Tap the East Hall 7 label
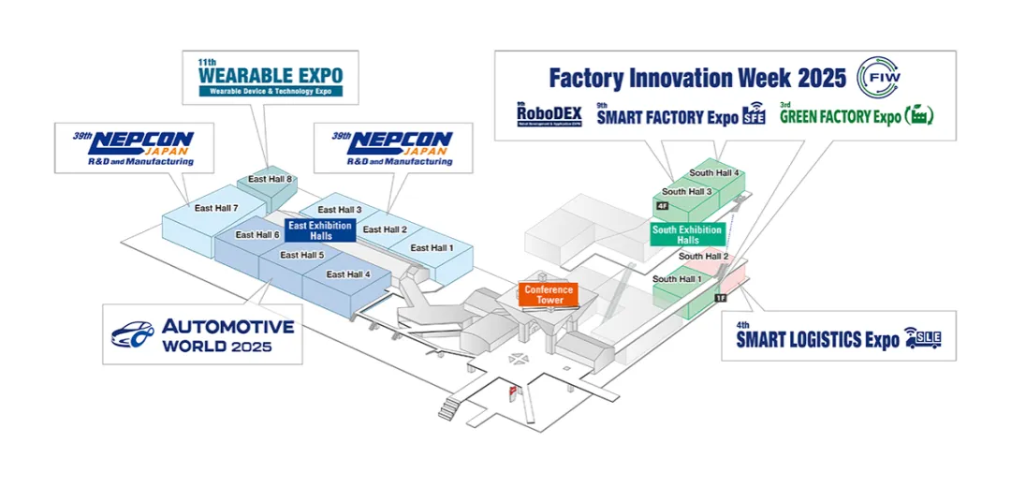pos(216,208)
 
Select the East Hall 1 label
pos(432,247)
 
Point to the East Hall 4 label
pos(348,274)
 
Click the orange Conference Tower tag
pos(549,295)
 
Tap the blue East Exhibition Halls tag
pos(321,230)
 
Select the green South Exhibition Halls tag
pos(687,234)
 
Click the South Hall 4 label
pos(714,172)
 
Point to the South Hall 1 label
pos(677,279)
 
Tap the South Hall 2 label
pos(703,256)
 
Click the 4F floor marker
pos(663,205)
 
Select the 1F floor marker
pos(720,298)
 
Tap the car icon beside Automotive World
pos(133,334)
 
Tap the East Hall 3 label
pos(339,210)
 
